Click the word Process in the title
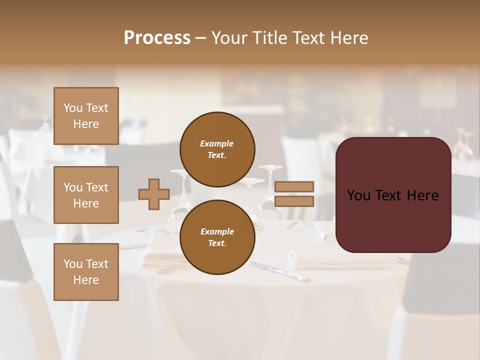click(157, 38)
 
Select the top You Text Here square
click(86, 116)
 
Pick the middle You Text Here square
click(86, 195)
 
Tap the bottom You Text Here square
click(86, 272)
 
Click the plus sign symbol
click(154, 194)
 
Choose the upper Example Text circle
click(217, 149)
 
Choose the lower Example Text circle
click(217, 237)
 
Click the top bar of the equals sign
click(294, 186)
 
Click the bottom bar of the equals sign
click(294, 201)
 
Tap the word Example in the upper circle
click(217, 143)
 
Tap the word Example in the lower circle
click(217, 231)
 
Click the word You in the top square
click(73, 108)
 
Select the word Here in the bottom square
click(86, 280)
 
